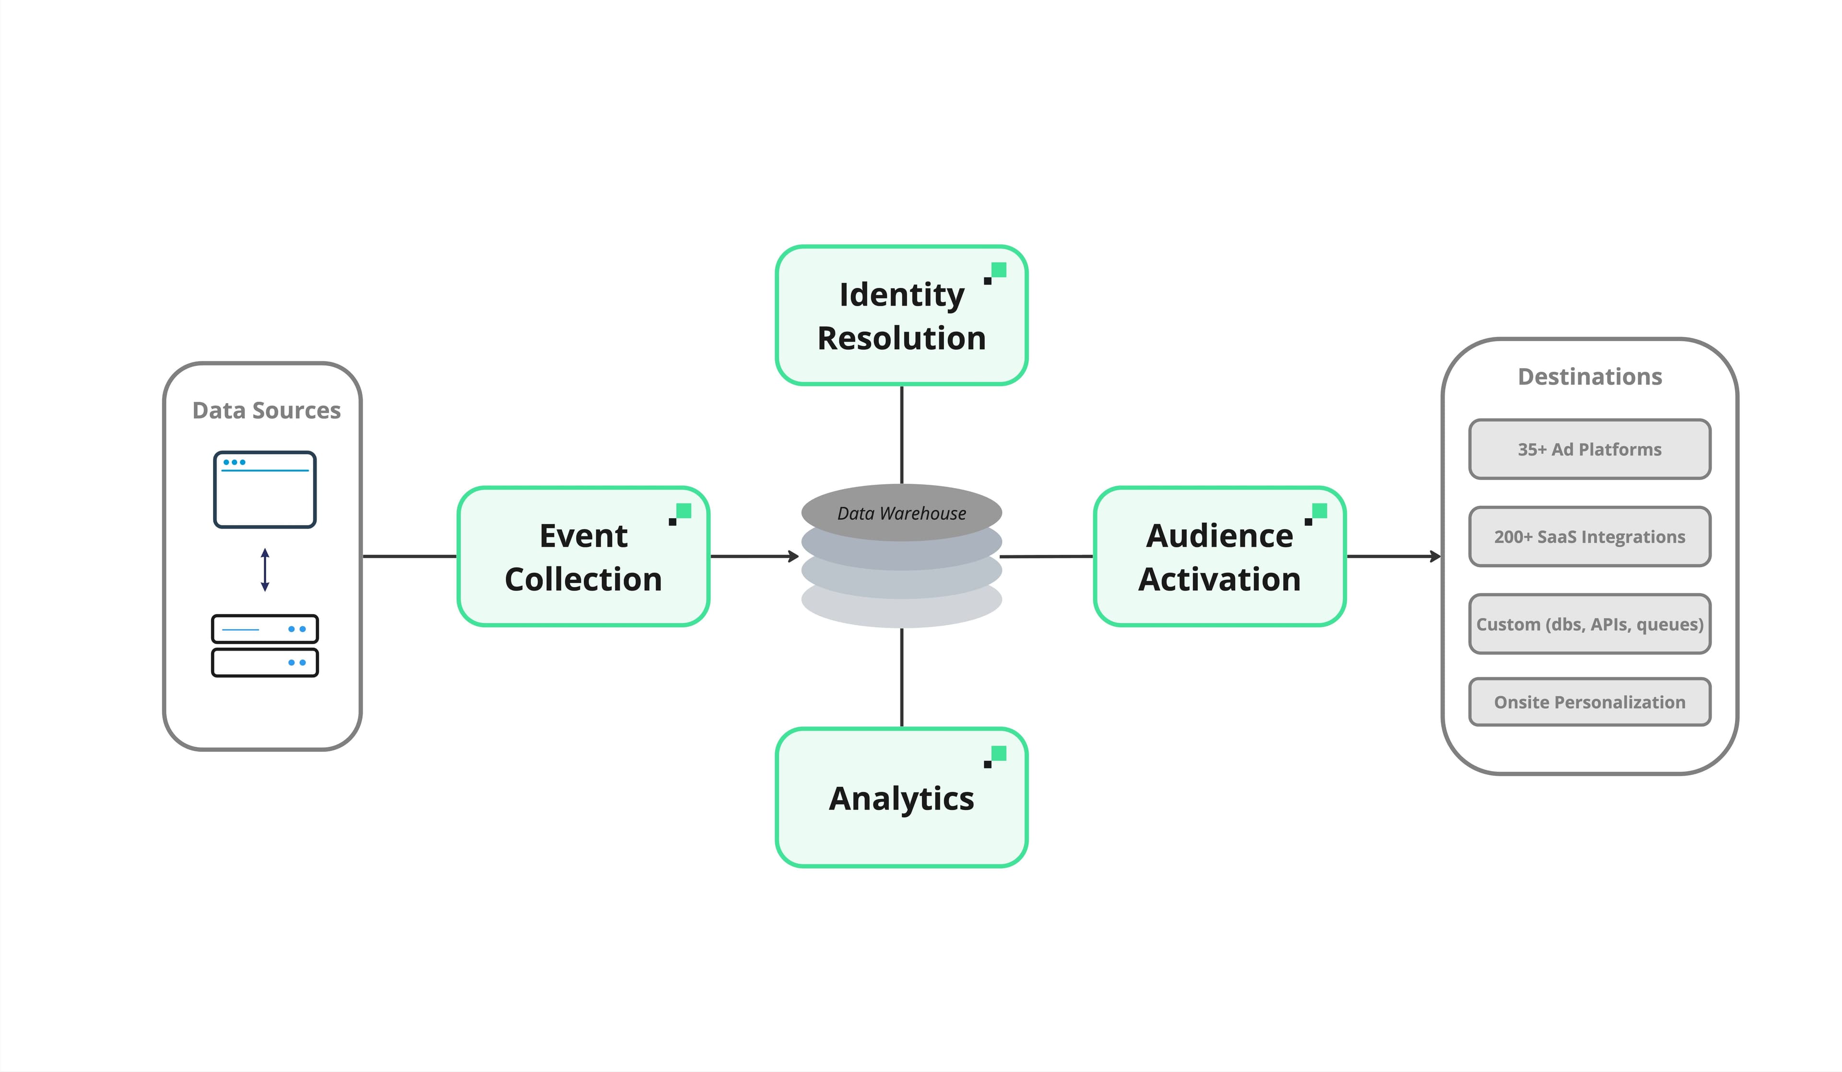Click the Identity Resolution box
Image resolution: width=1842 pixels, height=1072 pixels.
(901, 316)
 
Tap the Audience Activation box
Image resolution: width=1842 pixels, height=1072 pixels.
(1219, 557)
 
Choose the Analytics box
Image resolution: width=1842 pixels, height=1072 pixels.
(901, 798)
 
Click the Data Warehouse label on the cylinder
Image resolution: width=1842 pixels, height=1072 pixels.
(901, 513)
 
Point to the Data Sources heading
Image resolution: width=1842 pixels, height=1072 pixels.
(266, 410)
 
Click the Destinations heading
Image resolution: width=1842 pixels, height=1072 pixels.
(1589, 377)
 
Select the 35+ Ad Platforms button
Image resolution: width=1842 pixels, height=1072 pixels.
(1589, 449)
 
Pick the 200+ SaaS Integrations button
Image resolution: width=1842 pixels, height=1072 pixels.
(1589, 537)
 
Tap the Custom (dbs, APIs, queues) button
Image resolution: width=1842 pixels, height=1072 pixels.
(1589, 624)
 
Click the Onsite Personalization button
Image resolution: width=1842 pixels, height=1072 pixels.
(1589, 702)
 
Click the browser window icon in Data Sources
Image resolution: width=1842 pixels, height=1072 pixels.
(265, 489)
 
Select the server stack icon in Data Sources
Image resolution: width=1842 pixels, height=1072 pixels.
(265, 646)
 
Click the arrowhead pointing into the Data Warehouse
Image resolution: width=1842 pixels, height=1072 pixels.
(794, 557)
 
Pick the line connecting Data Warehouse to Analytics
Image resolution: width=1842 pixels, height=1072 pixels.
(901, 677)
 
